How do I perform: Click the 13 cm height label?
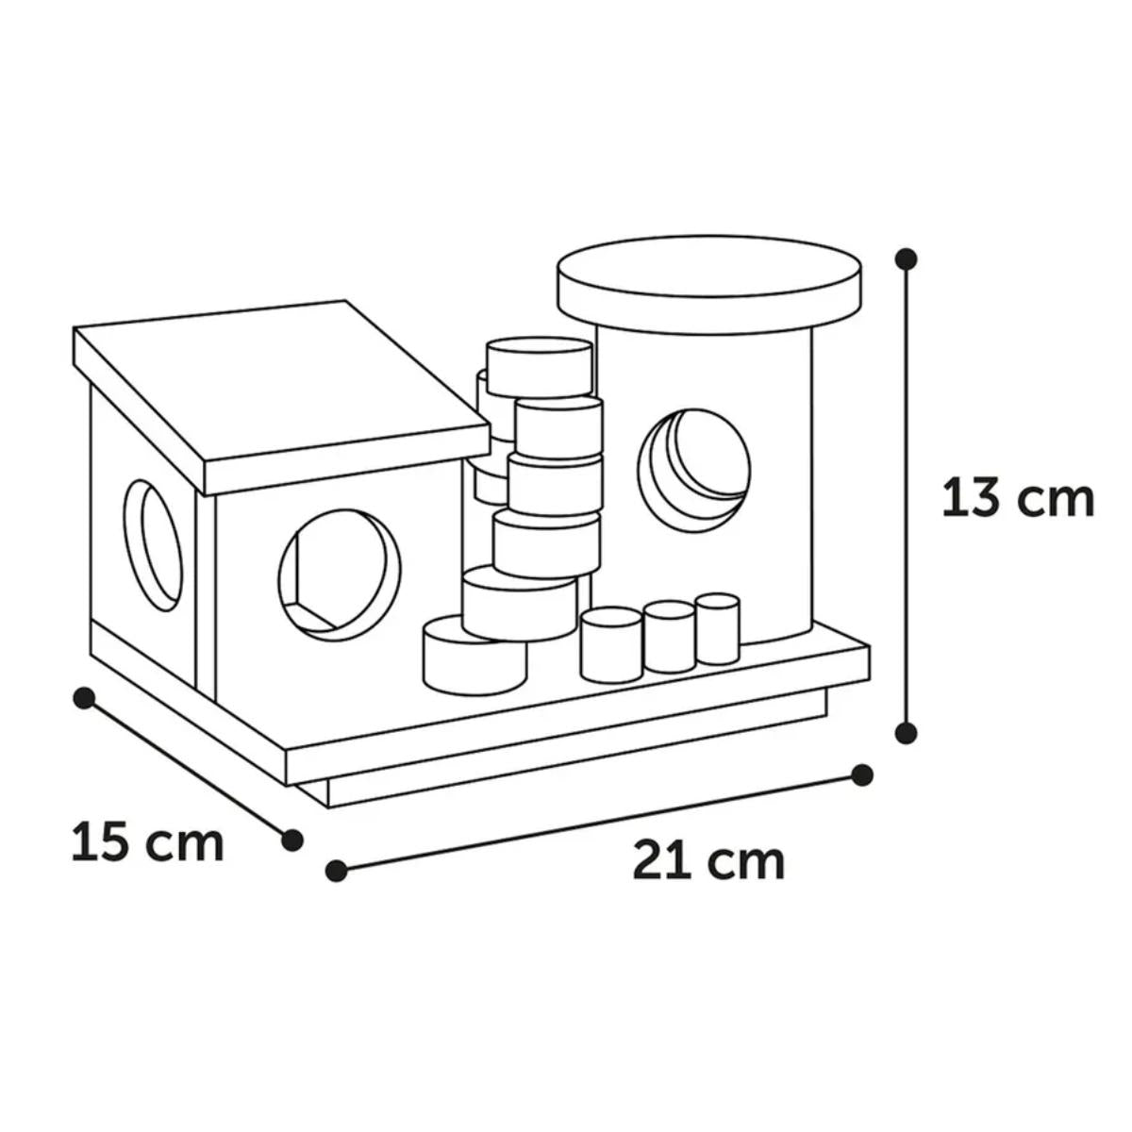point(1018,499)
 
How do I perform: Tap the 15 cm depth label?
point(148,843)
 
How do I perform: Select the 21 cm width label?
point(708,860)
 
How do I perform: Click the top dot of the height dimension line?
point(907,258)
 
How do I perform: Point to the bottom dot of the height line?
point(907,733)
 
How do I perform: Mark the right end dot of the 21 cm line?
point(862,774)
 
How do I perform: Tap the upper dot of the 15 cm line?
point(85,698)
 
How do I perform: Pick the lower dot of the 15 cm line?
point(291,841)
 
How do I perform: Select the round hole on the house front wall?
point(340,575)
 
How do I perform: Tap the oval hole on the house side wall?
point(153,546)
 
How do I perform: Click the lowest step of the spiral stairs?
point(474,654)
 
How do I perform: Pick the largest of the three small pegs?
point(611,645)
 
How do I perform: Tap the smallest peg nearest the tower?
point(717,629)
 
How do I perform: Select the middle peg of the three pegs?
point(669,638)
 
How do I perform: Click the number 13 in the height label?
point(973,499)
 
